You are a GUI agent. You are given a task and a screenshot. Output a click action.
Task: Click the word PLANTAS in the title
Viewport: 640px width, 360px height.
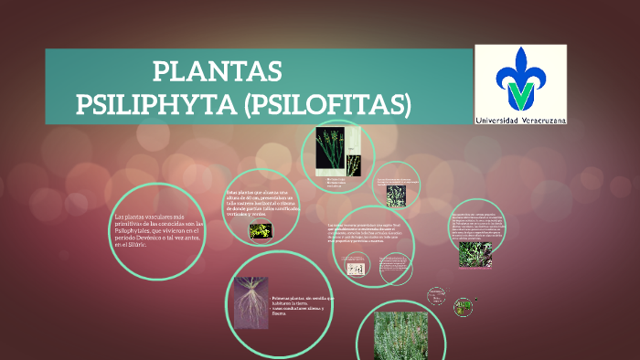point(218,71)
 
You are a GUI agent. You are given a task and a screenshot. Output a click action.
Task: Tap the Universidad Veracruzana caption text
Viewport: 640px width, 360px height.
point(520,120)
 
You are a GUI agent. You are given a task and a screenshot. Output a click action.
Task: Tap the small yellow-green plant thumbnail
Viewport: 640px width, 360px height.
point(261,231)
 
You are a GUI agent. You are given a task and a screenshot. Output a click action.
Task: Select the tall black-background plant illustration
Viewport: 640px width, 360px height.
point(329,150)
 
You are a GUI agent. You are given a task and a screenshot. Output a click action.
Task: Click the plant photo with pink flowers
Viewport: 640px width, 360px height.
point(475,254)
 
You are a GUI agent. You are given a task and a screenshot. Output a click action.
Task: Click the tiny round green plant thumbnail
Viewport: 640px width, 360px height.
point(465,304)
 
